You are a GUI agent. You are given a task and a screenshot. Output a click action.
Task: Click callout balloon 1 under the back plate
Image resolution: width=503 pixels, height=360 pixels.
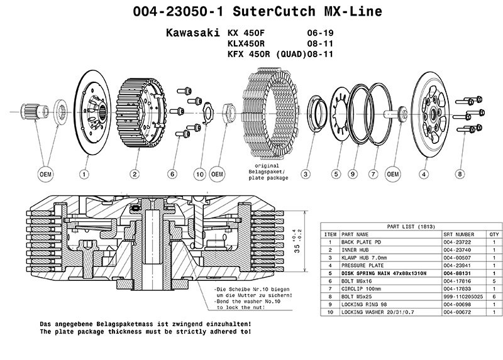(83, 173)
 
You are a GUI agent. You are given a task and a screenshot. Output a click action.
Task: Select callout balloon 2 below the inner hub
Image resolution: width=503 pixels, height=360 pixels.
(135, 173)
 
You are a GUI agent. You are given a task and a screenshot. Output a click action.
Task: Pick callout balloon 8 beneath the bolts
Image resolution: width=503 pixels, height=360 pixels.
(460, 173)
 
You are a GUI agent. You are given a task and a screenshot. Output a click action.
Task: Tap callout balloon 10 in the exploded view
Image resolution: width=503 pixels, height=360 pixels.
(200, 173)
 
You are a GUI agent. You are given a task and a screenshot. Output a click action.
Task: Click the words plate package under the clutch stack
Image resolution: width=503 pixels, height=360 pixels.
(270, 178)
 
